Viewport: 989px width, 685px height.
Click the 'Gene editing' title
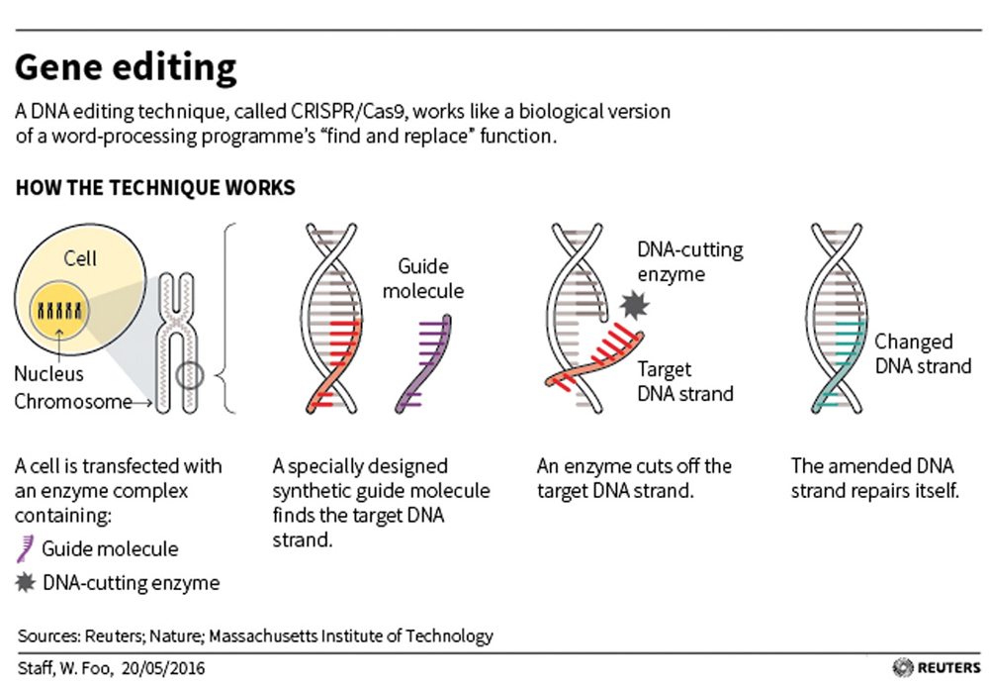126,67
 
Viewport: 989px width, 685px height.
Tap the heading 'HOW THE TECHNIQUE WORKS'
155,187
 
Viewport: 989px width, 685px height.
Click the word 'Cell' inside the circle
80,258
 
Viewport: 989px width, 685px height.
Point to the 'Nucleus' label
48,374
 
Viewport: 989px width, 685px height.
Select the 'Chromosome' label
73,402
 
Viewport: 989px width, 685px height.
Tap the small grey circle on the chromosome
189,376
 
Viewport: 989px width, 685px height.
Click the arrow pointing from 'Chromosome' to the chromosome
142,402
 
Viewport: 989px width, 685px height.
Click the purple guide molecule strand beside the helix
424,364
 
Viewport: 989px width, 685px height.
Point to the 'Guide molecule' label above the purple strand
422,278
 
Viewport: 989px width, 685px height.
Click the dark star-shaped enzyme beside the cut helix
634,305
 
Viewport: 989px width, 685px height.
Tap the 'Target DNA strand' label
685,381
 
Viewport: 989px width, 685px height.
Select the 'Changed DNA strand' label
923,353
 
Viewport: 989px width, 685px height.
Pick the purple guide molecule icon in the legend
25,548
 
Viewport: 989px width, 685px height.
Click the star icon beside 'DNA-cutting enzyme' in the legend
26,583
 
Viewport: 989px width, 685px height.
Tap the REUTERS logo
937,667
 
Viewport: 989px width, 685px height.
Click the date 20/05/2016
163,668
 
